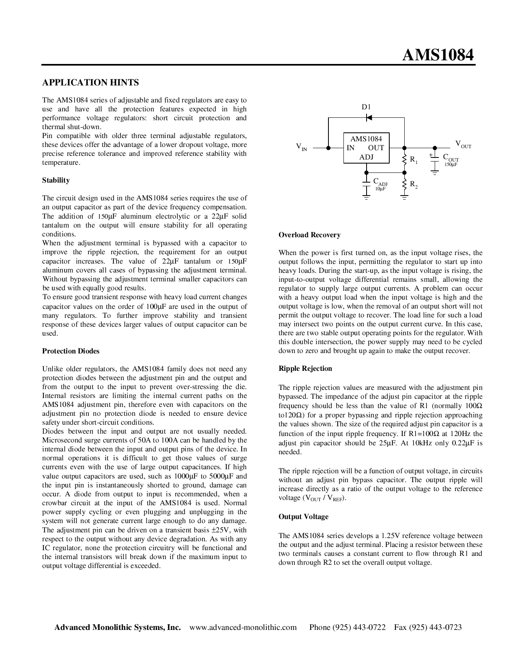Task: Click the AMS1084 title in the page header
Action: (438, 55)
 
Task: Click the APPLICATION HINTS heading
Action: (90, 83)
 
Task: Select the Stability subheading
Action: (56, 180)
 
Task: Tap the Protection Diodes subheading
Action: (71, 351)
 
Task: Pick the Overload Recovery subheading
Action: (309, 235)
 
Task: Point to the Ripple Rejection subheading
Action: (305, 368)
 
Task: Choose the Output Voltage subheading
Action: (303, 517)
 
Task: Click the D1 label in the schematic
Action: (366, 107)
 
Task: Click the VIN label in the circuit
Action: (301, 147)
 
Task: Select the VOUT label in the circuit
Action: (463, 144)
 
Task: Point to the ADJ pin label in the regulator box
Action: (366, 157)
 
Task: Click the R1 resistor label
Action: (414, 160)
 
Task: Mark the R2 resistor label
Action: (414, 185)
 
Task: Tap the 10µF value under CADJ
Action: (380, 189)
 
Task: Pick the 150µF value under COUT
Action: (451, 165)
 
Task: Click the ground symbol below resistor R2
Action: (404, 198)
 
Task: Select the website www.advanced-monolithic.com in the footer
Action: (243, 628)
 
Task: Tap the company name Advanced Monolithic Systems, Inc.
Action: (118, 628)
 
